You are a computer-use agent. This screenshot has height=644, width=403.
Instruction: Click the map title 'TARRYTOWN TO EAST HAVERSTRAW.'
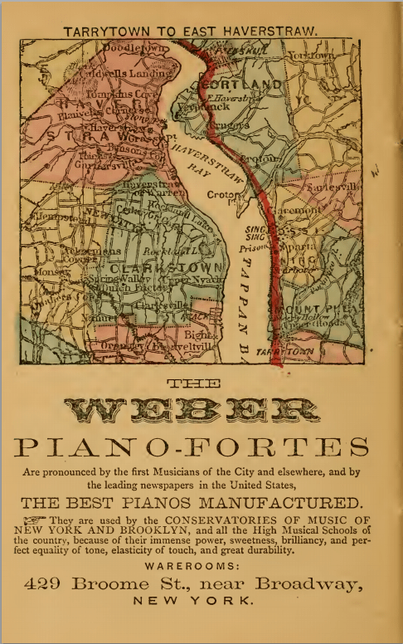point(190,32)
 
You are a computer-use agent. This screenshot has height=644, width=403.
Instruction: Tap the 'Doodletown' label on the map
point(131,50)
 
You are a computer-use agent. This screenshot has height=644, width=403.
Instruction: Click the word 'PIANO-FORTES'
point(192,447)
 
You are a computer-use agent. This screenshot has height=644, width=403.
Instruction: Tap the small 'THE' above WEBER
point(192,383)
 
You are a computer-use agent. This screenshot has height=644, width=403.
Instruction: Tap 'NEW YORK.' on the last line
point(192,601)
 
